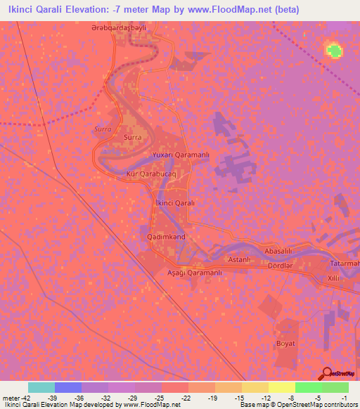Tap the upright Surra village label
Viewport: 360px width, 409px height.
pos(132,138)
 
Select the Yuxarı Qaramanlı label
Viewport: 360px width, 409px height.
pos(181,154)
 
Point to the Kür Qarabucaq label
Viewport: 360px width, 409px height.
pos(150,172)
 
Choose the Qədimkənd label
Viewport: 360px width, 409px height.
pos(167,238)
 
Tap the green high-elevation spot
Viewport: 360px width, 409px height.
pos(334,51)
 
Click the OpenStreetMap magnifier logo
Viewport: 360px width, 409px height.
pos(327,372)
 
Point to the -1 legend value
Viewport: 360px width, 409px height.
pos(343,398)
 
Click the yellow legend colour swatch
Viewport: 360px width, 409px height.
pos(281,387)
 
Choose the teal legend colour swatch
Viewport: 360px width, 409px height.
pos(41,387)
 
